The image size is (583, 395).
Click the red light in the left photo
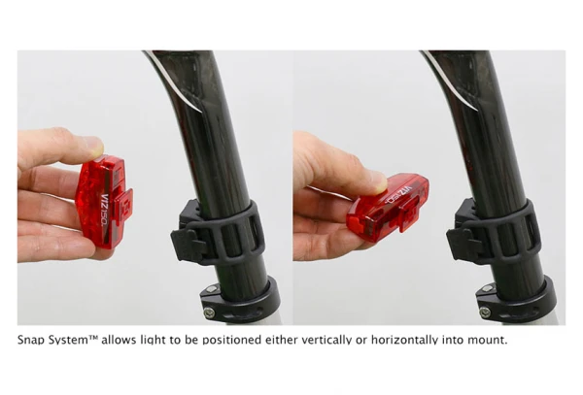(104, 202)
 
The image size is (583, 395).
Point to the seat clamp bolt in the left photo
(209, 312)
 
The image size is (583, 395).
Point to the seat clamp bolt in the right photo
(484, 312)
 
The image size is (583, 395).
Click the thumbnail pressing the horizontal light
(380, 181)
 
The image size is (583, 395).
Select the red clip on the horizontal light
(407, 217)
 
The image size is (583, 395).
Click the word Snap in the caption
(32, 340)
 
